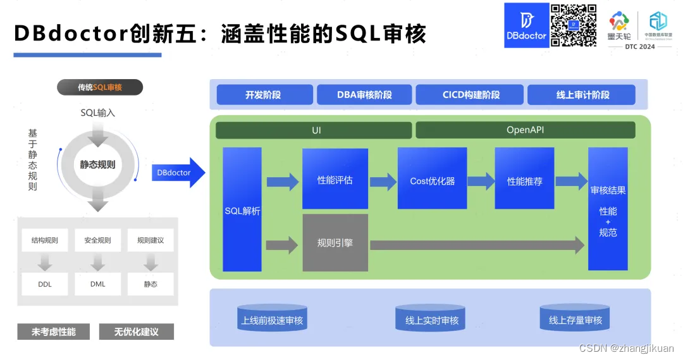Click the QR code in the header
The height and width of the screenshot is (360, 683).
tap(574, 25)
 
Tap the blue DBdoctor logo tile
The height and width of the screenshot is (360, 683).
tap(526, 25)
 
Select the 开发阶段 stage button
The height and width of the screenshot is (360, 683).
tap(264, 95)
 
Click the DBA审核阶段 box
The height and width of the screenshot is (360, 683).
tap(364, 95)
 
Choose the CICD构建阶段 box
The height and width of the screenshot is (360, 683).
tap(471, 95)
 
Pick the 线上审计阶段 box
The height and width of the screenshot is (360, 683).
tap(581, 95)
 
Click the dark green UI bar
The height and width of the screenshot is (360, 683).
tap(314, 130)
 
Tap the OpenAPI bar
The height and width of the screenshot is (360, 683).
tap(525, 130)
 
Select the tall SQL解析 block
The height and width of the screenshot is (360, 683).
tap(242, 209)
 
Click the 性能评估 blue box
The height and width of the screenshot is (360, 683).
tap(335, 179)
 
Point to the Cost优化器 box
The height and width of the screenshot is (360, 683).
tap(432, 179)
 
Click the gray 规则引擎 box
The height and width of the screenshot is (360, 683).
tap(335, 243)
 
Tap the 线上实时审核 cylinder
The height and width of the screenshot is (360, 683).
tap(431, 320)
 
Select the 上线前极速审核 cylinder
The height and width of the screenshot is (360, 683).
tap(272, 320)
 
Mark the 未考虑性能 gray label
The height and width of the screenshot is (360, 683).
tap(54, 332)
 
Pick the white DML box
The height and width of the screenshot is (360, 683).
tap(97, 284)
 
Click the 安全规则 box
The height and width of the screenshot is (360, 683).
tap(97, 240)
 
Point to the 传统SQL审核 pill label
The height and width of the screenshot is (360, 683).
tap(100, 87)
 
